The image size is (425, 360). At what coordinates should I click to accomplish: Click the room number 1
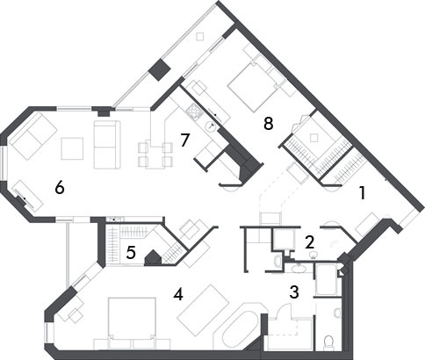(363, 193)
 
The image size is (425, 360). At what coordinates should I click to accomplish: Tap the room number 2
(309, 242)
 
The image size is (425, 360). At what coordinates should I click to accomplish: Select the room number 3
(294, 292)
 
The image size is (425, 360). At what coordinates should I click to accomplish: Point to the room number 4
(178, 294)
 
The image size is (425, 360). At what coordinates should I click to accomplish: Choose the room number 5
(131, 253)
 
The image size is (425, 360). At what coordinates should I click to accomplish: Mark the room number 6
(60, 188)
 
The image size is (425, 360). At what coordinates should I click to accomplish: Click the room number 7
(185, 140)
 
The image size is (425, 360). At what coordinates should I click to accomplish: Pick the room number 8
(269, 124)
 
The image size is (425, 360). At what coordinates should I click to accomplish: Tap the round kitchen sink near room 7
(211, 126)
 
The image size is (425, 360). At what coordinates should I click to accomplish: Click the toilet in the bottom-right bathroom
(329, 342)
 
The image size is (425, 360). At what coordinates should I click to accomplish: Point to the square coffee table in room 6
(72, 148)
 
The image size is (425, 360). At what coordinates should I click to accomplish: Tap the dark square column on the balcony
(160, 69)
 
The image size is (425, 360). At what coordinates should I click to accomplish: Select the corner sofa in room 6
(32, 136)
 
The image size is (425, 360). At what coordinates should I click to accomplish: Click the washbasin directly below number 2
(313, 256)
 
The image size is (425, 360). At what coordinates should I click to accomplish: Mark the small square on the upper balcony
(200, 37)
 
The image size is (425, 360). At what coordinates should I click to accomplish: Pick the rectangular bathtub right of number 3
(327, 280)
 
